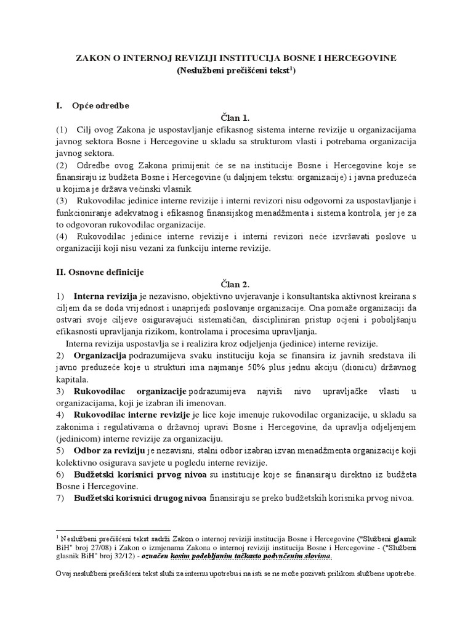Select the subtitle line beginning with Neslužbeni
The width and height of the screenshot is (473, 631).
[x=236, y=71]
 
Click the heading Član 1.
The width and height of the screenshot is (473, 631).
[x=236, y=117]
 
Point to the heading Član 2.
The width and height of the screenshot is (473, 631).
[x=236, y=283]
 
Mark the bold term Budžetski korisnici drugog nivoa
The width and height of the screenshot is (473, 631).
[x=141, y=498]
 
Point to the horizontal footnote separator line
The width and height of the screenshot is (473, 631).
[x=92, y=529]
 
